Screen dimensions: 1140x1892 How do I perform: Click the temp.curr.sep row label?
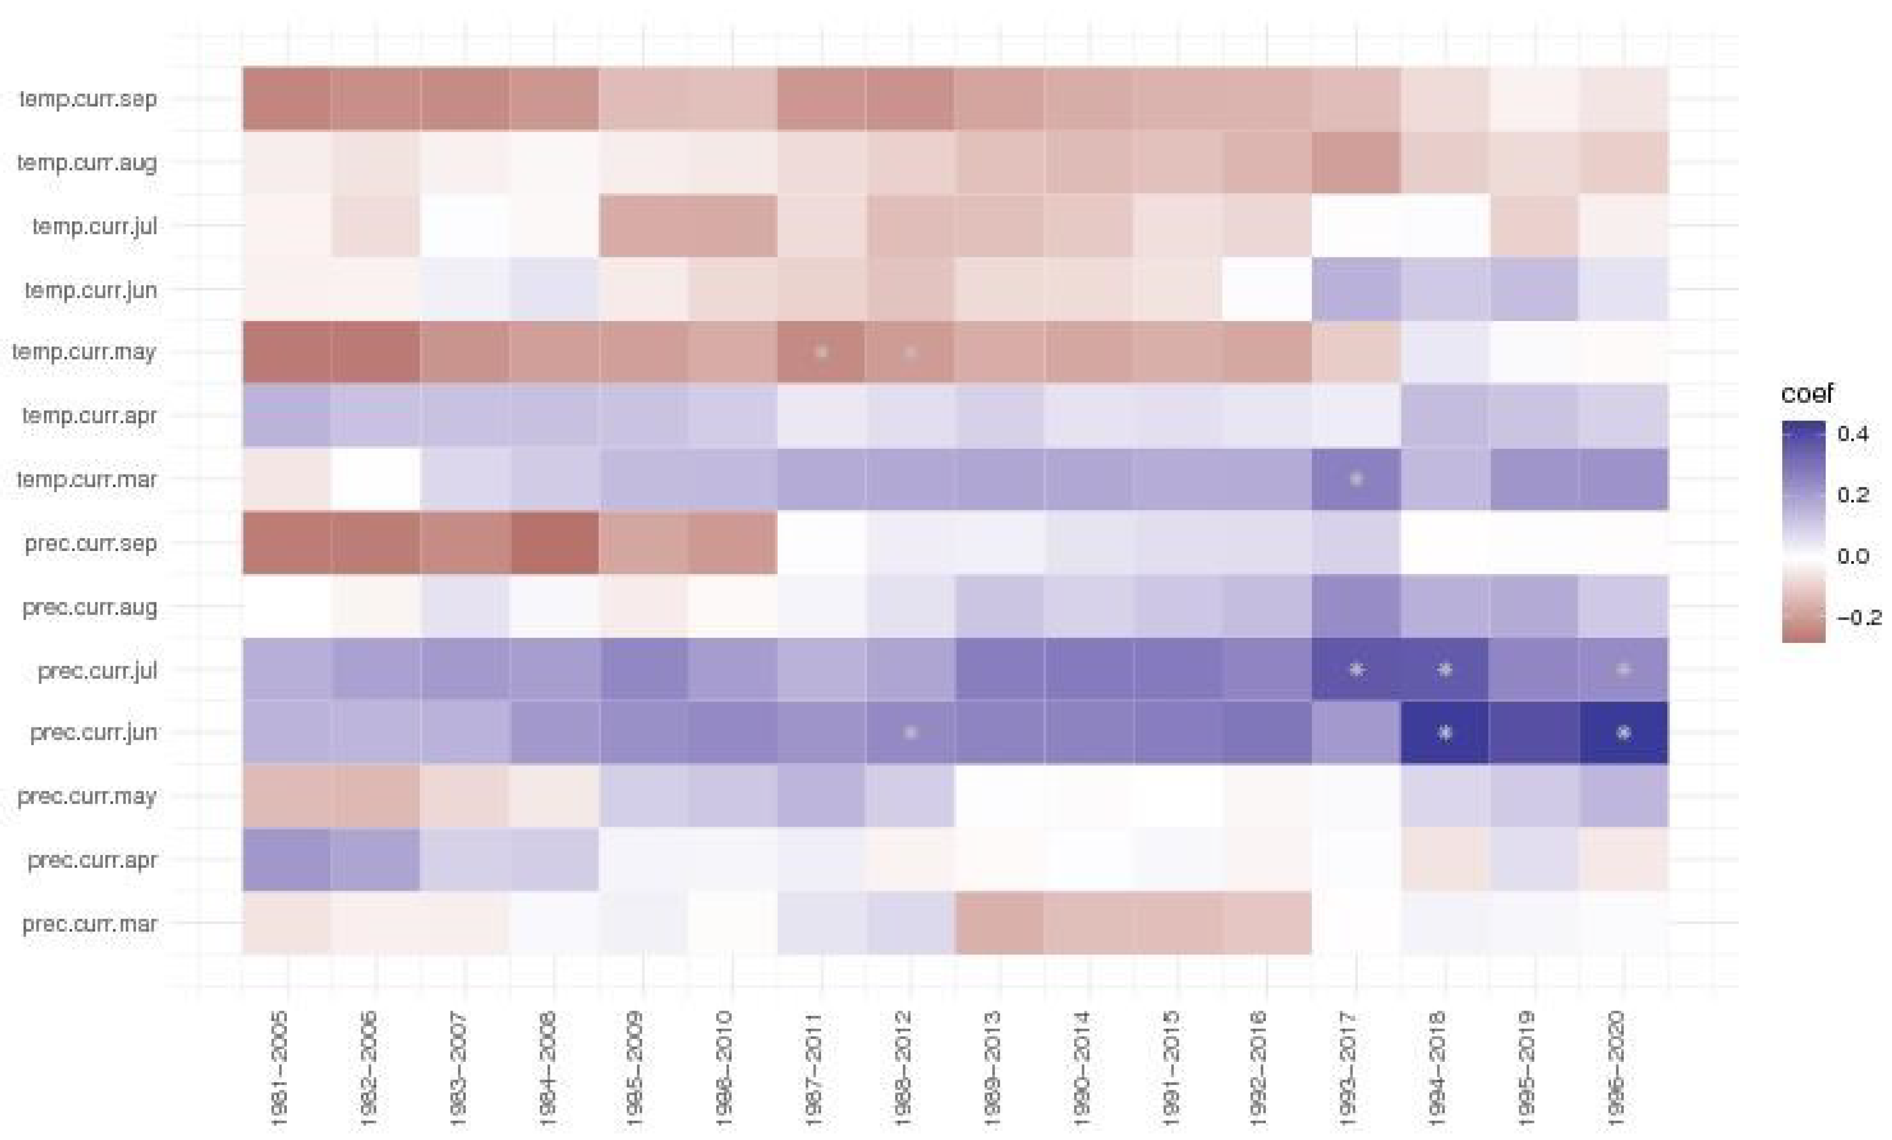(88, 99)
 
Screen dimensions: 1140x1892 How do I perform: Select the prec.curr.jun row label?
(93, 732)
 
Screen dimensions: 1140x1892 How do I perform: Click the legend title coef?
(1806, 394)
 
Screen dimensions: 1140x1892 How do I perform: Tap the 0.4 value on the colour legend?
(1853, 434)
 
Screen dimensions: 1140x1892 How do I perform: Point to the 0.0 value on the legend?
(1853, 556)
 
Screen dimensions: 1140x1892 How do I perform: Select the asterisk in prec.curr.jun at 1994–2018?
(1445, 732)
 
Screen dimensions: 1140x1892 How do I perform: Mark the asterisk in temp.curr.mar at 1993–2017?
(1356, 479)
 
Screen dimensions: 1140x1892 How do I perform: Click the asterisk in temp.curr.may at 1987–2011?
(822, 353)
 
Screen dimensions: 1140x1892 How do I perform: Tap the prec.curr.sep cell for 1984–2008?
(553, 543)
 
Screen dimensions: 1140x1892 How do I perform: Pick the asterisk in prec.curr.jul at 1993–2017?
(1356, 669)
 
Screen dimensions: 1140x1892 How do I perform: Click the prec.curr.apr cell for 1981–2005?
(286, 860)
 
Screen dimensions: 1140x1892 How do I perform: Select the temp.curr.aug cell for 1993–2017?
(1356, 162)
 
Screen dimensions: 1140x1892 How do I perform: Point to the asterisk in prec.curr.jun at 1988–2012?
(910, 732)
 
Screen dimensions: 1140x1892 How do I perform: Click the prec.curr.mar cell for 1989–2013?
(998, 923)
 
